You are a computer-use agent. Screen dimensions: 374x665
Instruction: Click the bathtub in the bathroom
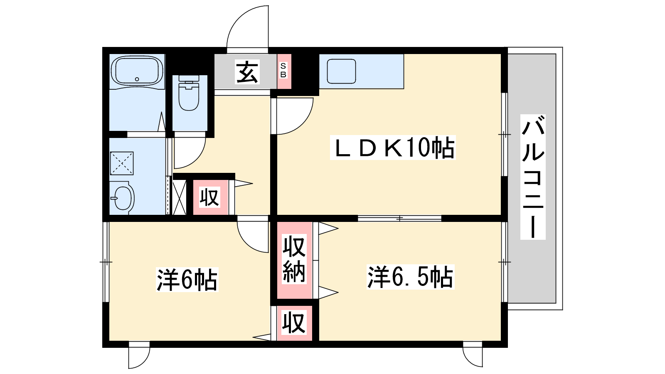(138, 71)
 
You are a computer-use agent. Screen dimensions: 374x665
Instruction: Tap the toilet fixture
(189, 95)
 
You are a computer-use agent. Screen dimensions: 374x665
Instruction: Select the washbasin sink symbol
(123, 198)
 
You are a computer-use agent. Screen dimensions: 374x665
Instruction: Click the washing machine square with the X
(122, 163)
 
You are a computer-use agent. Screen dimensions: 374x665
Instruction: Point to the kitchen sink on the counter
(341, 71)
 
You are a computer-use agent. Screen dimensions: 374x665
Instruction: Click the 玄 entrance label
(247, 72)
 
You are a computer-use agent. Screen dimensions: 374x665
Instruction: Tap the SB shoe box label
(283, 71)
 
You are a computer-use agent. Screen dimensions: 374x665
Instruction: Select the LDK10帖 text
(393, 148)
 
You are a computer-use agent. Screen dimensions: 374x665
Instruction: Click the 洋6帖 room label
(187, 280)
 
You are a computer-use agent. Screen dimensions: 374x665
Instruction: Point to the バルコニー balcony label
(533, 177)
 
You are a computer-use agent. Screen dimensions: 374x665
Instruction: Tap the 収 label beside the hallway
(209, 197)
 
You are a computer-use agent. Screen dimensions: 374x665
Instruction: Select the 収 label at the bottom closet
(294, 322)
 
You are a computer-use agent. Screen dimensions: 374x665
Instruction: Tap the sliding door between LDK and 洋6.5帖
(399, 218)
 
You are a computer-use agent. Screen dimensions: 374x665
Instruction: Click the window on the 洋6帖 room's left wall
(106, 262)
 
